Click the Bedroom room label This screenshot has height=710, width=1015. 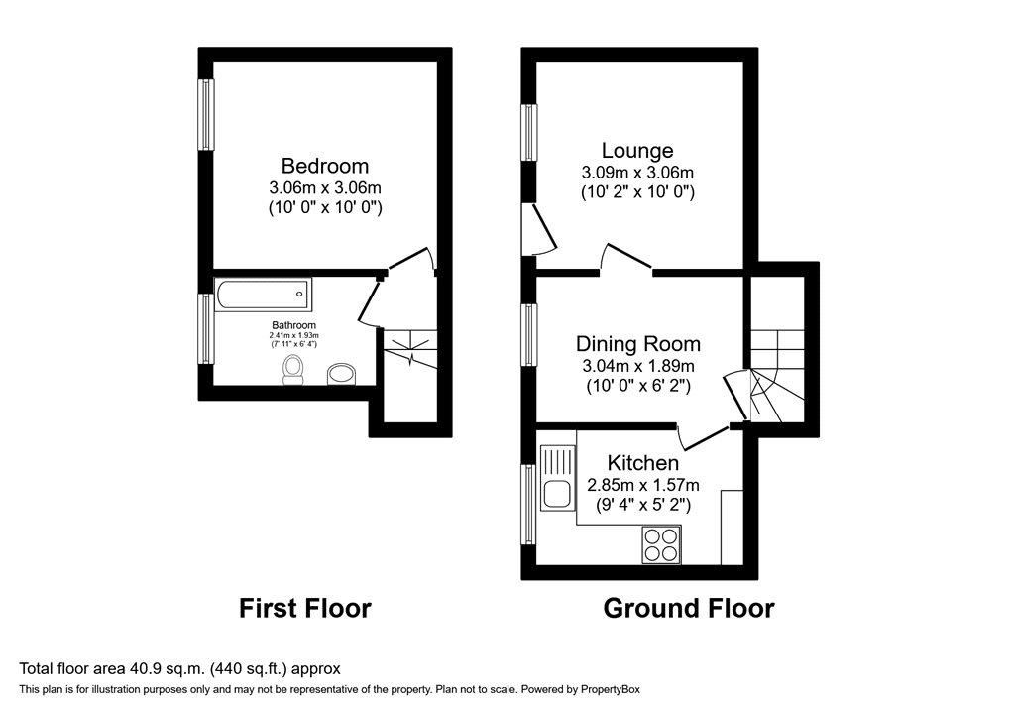coord(325,166)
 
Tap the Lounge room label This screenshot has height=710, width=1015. coord(637,151)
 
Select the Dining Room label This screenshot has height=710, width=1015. coord(638,344)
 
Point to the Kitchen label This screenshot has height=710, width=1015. coord(642,463)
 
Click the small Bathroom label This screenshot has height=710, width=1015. coord(293,325)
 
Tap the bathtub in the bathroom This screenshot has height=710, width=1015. coord(264,294)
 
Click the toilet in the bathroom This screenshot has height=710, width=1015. coord(292,370)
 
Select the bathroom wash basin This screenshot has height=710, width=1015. coord(342,375)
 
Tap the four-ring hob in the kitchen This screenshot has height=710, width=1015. coord(661,544)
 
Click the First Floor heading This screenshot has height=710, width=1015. coord(305,608)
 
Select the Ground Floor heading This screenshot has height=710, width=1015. coord(689,608)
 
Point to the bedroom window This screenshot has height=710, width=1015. coord(206,115)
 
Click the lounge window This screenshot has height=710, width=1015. coord(529,132)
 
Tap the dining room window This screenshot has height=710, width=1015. coord(529,334)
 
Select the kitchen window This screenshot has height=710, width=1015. coord(529,505)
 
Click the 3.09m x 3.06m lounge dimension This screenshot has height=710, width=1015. coord(637,173)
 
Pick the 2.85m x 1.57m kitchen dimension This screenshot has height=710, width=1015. coord(642,485)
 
